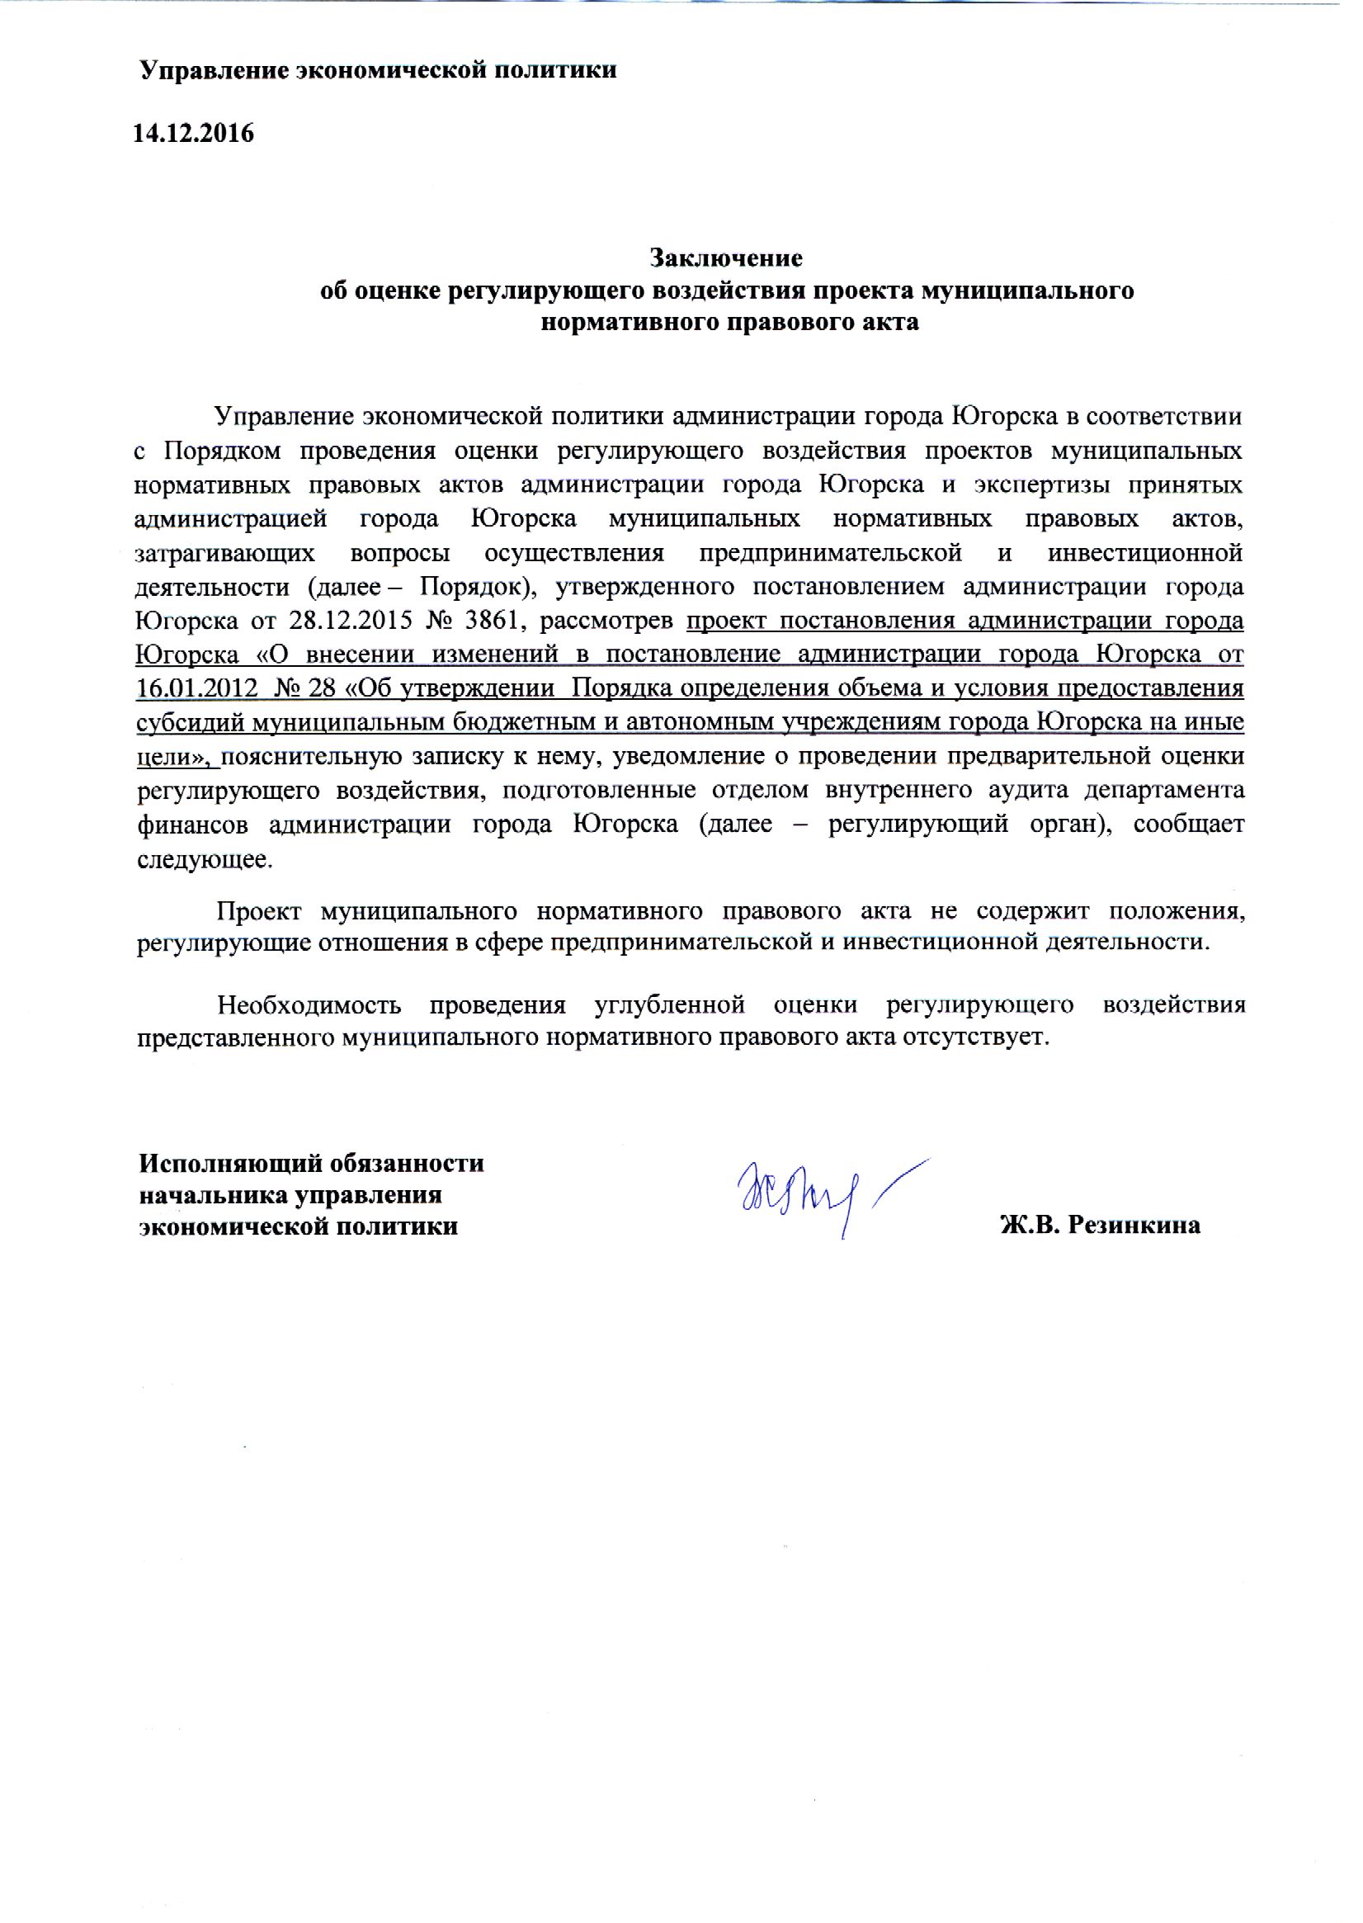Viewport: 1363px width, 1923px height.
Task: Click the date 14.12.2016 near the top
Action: (193, 134)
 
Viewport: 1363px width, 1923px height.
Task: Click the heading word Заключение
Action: (726, 258)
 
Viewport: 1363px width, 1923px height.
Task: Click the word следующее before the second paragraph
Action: (204, 859)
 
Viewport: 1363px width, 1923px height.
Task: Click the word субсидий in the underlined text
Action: (186, 723)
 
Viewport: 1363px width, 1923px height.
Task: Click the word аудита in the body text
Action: (1020, 791)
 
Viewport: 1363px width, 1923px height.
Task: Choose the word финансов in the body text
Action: (192, 825)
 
